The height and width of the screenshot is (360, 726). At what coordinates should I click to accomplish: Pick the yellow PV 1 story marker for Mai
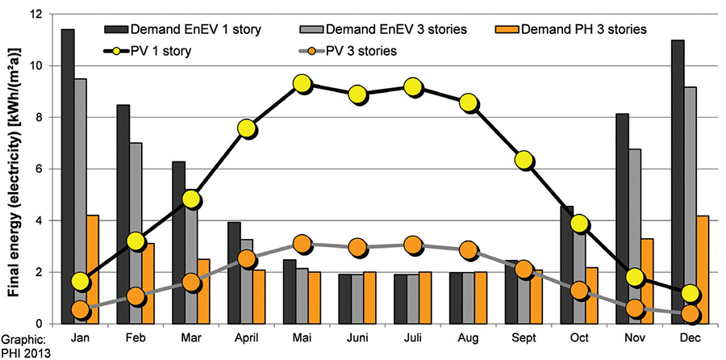pyautogui.click(x=302, y=84)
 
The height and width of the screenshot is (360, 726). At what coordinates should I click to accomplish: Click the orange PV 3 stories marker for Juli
pyautogui.click(x=412, y=245)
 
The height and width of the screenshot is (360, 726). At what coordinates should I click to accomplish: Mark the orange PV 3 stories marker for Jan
pyautogui.click(x=80, y=310)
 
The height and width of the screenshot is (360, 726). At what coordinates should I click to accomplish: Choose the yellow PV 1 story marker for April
pyautogui.click(x=247, y=128)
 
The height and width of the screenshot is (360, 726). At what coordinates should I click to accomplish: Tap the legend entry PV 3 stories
pyautogui.click(x=361, y=51)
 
